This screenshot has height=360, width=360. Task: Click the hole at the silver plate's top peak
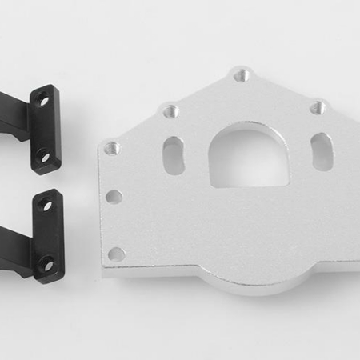coord(241,76)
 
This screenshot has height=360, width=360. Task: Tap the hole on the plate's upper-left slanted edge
coord(170,111)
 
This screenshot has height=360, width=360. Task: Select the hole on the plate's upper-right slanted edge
coord(318,106)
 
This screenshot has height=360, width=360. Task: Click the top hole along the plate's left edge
coord(111,149)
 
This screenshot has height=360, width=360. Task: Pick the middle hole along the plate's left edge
coord(115,196)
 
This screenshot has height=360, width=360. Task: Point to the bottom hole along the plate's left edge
coord(117,254)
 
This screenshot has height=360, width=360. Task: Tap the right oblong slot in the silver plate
coord(322,150)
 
